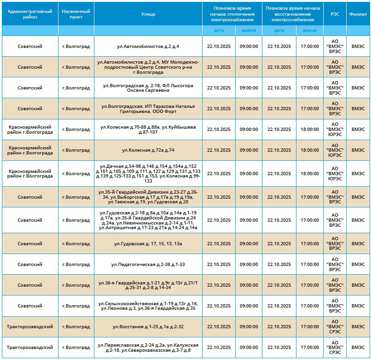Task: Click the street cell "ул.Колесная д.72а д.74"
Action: point(148,150)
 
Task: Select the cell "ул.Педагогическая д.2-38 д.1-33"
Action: point(148,265)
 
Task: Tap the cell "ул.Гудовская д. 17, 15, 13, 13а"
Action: point(148,244)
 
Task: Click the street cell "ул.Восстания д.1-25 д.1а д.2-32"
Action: point(148,327)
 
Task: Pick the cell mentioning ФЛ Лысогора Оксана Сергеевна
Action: point(148,88)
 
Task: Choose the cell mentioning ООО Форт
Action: point(148,109)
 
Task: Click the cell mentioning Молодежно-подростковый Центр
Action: point(148,67)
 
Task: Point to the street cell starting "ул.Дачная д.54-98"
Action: point(148,174)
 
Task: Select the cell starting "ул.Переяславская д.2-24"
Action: point(148,348)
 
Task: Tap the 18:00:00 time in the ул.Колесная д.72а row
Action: point(309,150)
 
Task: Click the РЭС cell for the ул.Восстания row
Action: point(335,327)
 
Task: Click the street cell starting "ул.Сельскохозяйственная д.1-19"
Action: point(148,306)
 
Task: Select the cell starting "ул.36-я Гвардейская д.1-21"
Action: point(148,285)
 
